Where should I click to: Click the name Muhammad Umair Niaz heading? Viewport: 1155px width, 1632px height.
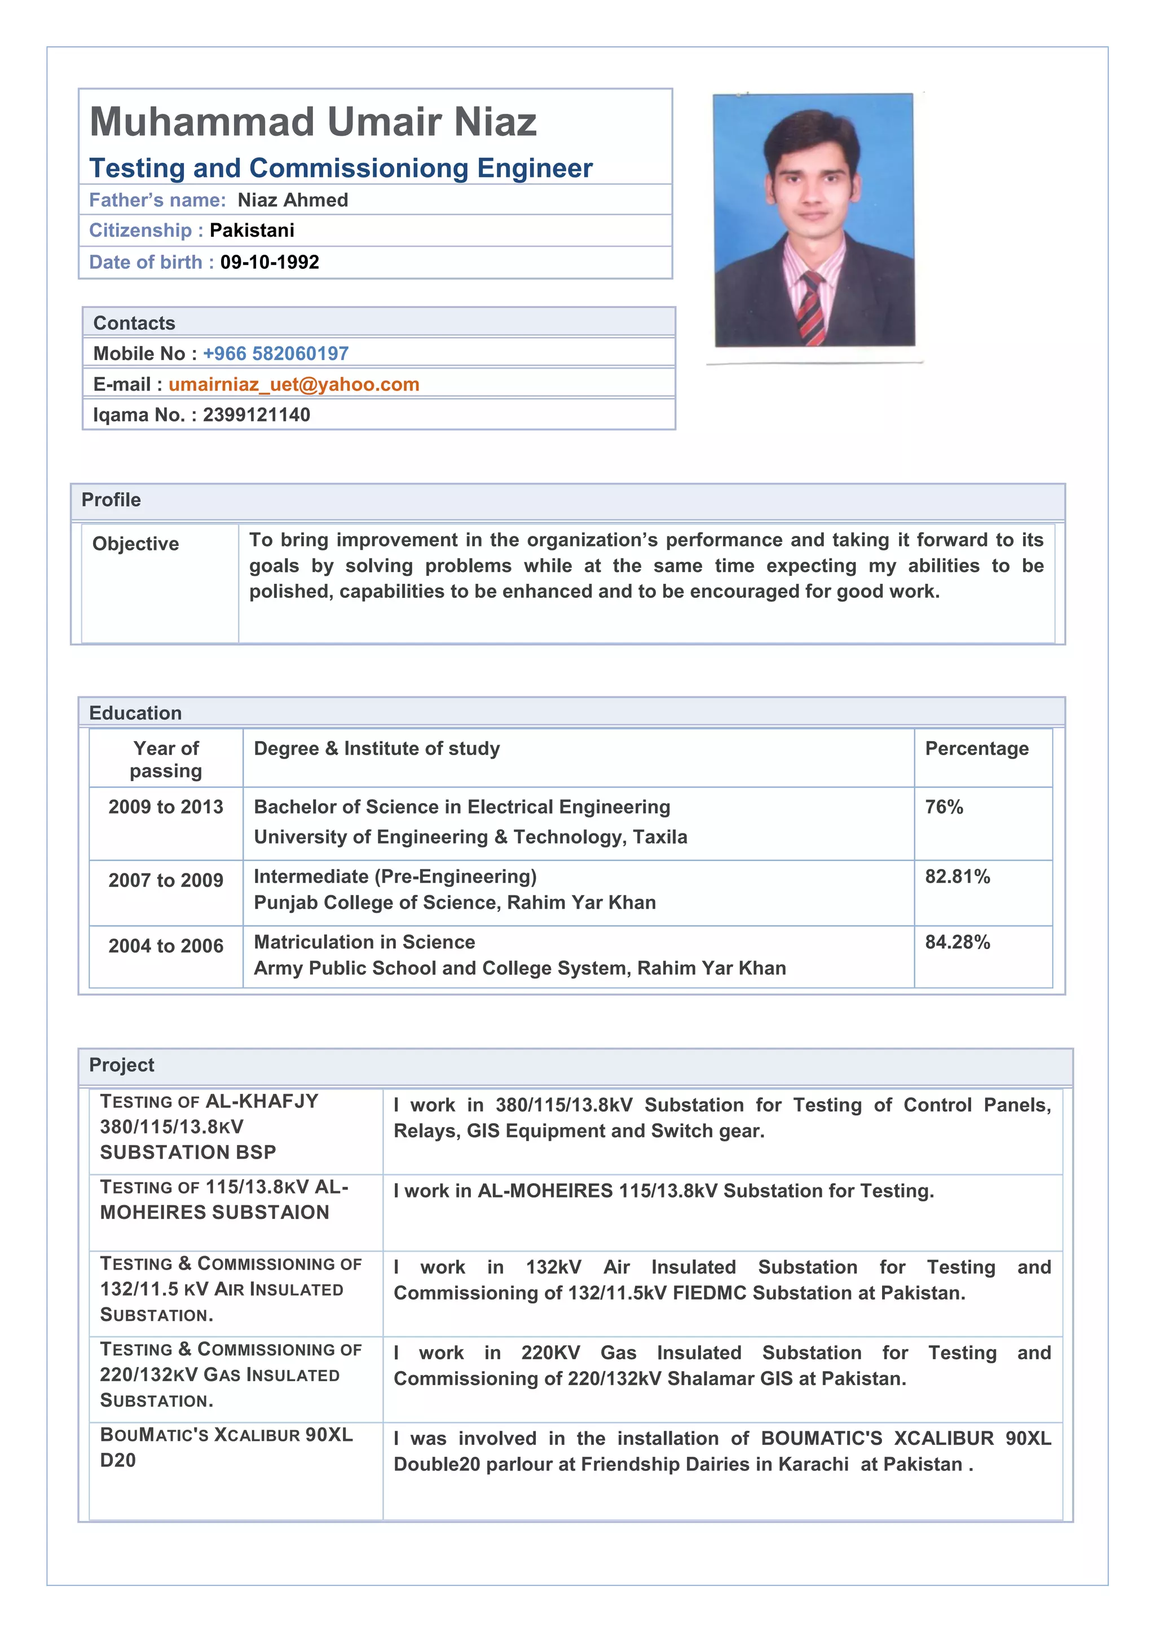[x=313, y=122]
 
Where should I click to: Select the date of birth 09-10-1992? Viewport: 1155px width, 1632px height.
[x=270, y=262]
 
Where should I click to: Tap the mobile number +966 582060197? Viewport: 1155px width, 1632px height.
[x=275, y=353]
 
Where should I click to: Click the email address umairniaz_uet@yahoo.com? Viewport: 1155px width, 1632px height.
[x=294, y=384]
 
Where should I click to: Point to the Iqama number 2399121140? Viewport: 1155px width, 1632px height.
[x=256, y=415]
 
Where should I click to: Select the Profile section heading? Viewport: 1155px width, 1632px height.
[x=111, y=500]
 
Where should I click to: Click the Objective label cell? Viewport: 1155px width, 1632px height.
[x=136, y=544]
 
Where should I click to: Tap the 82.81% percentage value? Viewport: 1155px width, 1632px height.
[x=957, y=876]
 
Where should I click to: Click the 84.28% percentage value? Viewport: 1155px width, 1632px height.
[x=957, y=943]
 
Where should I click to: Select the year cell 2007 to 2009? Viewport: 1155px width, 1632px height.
[x=166, y=881]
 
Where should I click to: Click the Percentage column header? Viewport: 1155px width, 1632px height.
[x=976, y=748]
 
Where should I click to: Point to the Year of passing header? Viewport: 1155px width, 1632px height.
[x=166, y=759]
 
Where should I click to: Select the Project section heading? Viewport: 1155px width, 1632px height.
[x=122, y=1065]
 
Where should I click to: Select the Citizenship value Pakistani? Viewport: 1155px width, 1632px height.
[x=252, y=230]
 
